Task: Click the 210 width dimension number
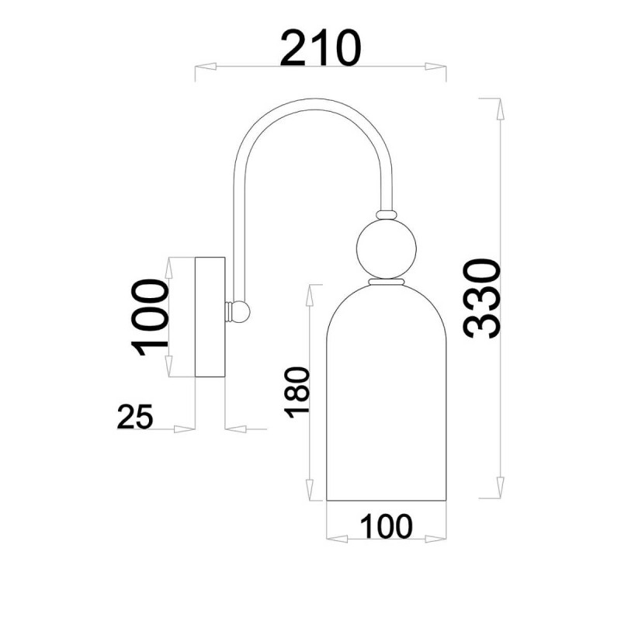[321, 48]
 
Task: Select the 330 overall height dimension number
[482, 299]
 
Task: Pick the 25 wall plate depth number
[134, 417]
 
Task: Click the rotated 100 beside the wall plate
[150, 317]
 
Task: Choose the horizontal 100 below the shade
[386, 526]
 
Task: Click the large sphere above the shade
[386, 248]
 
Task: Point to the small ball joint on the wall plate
[241, 311]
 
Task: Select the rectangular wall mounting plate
[210, 317]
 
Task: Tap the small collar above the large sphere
[386, 215]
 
